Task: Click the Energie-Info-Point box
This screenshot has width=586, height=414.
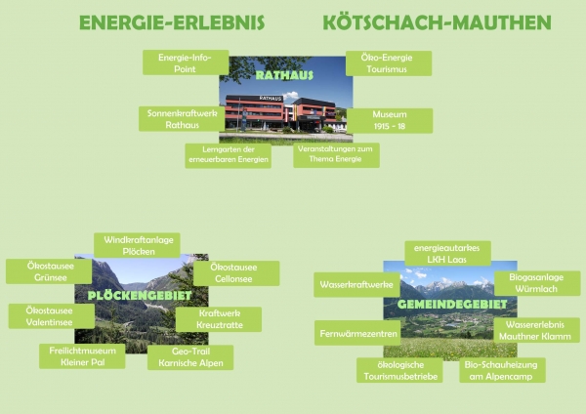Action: pos(186,62)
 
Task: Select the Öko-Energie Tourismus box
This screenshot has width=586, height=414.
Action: pos(389,63)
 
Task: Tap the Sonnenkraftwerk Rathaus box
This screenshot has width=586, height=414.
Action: pos(182,119)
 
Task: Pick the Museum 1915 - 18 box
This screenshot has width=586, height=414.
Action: pos(390,121)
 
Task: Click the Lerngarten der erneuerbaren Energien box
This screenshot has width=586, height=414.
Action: pos(228,155)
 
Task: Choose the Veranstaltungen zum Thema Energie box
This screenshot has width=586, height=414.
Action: pos(336,155)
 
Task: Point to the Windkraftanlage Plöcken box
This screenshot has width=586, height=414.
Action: pos(137,245)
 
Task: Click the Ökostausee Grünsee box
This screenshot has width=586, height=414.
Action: pos(49,271)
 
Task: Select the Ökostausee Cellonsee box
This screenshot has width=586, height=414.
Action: pos(236,273)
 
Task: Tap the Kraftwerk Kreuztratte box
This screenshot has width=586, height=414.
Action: pos(219,319)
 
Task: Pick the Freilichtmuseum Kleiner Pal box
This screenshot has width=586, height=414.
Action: pos(82,356)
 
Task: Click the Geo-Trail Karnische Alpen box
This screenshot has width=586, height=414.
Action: pos(190,357)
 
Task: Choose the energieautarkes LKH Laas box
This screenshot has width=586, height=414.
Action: pos(447,253)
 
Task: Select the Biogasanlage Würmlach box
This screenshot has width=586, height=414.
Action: pos(537,283)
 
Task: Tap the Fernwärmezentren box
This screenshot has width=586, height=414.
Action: pos(357,333)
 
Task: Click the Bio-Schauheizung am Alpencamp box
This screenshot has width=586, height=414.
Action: pos(503,370)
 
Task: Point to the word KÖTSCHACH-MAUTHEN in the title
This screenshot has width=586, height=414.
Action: pos(437,22)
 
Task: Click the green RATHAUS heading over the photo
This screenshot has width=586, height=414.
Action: pos(284,75)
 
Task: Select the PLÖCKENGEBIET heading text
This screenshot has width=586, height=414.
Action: pos(140,296)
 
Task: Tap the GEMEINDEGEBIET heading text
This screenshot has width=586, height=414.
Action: pos(452,304)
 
